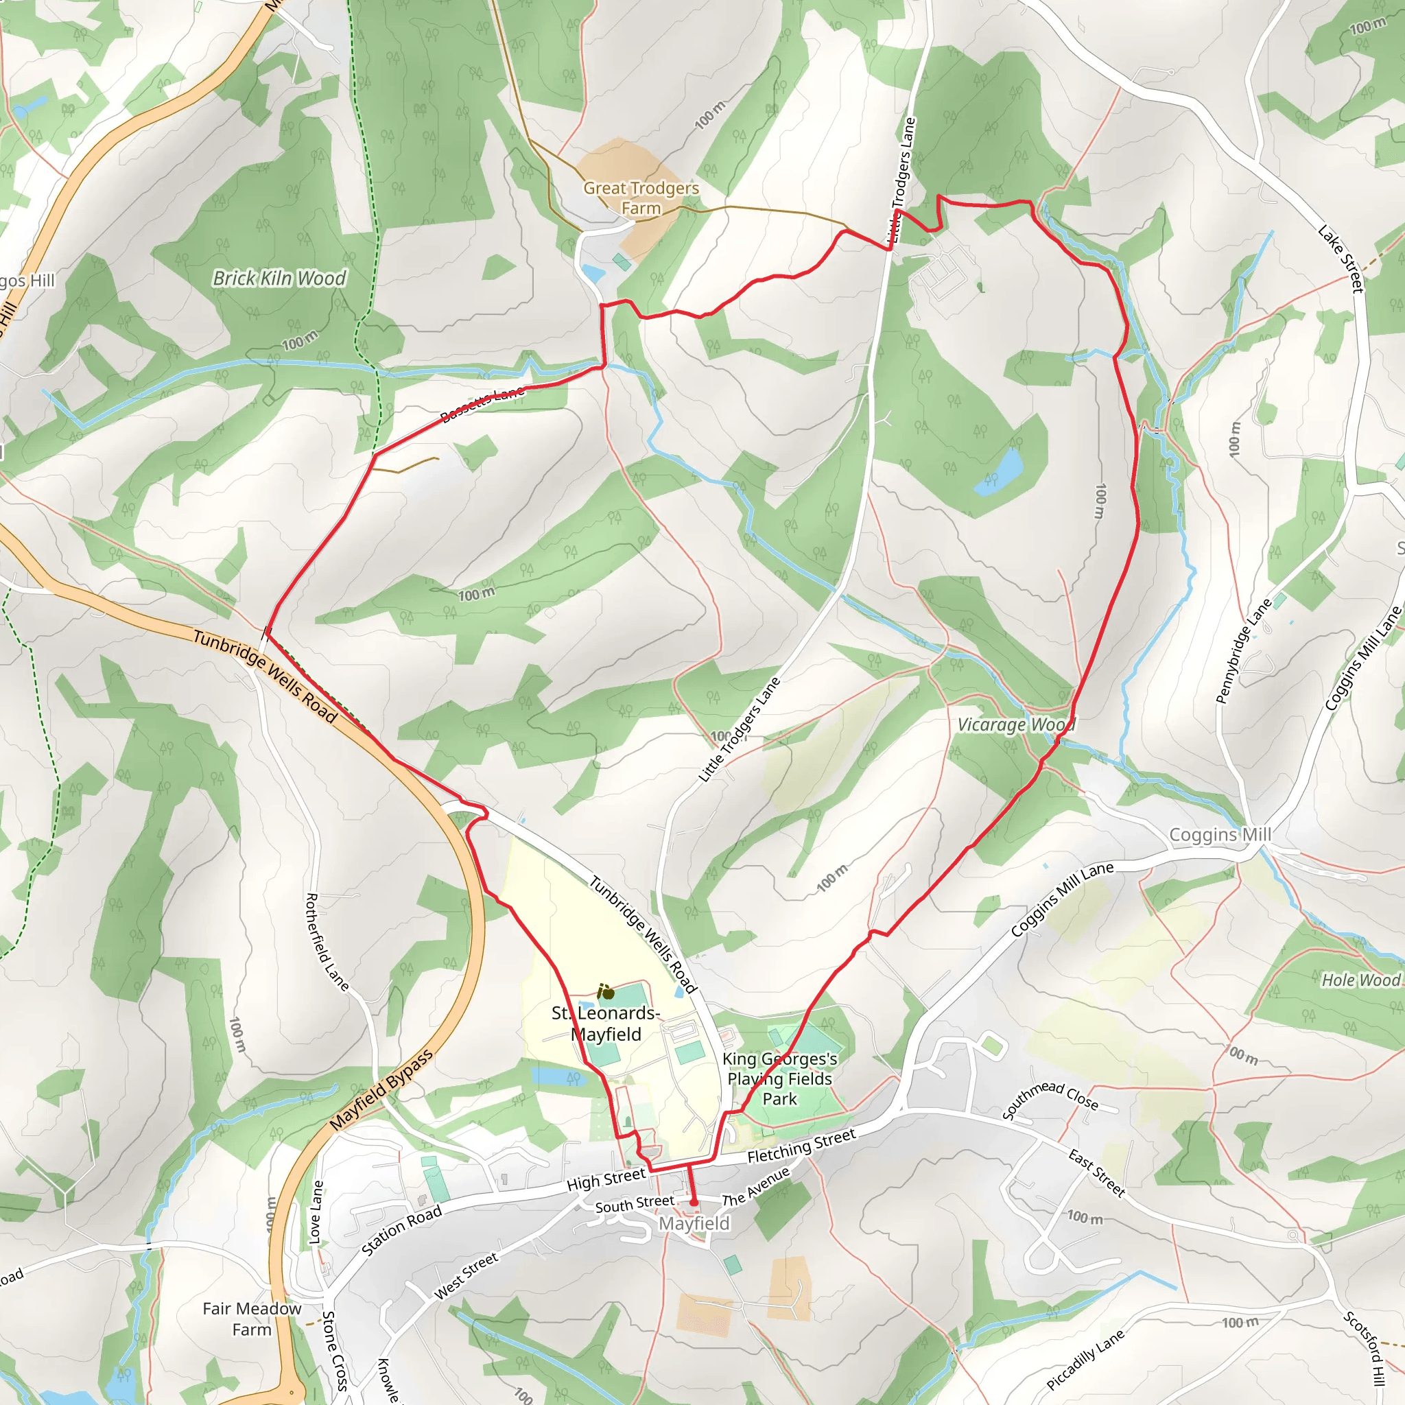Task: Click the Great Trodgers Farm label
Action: (x=641, y=198)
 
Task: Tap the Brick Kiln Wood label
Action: (x=279, y=279)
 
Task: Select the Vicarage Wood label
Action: (x=1016, y=725)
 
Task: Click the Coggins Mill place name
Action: (x=1220, y=835)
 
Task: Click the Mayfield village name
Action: (x=694, y=1224)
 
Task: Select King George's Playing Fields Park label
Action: (x=779, y=1079)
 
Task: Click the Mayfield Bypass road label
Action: (x=381, y=1089)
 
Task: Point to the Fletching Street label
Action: (x=801, y=1147)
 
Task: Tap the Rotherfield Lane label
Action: (x=327, y=942)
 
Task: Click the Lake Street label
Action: (x=1341, y=259)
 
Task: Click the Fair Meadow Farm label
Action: (x=252, y=1319)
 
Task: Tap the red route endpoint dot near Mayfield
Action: (x=694, y=1203)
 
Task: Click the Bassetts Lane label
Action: (x=483, y=404)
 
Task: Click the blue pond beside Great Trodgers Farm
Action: (x=593, y=274)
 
